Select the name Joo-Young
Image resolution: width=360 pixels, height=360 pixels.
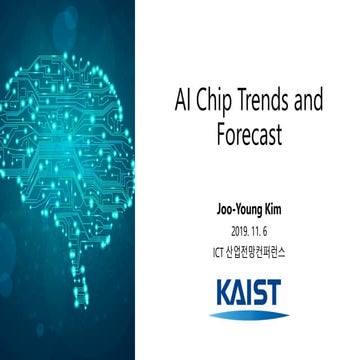236,213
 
